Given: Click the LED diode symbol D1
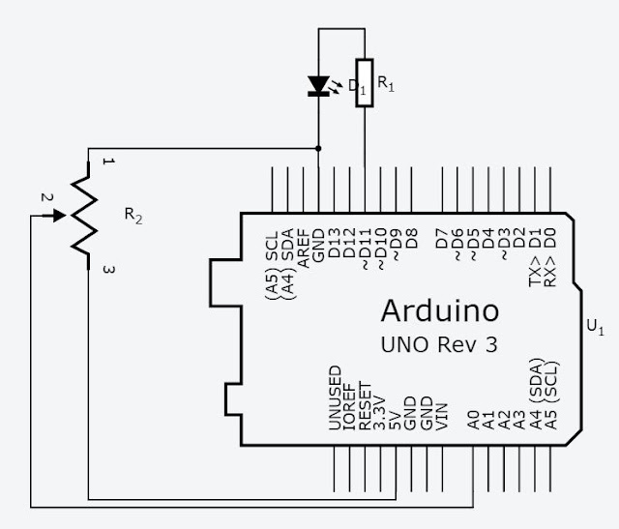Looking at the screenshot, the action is (x=319, y=86).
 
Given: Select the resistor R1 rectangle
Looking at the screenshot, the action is (x=365, y=83).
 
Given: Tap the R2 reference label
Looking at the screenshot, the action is (x=133, y=216).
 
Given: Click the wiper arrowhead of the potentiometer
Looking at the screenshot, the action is (x=60, y=216).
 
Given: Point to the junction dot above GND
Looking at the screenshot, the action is (x=318, y=148).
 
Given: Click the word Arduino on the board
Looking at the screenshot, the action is (x=440, y=310).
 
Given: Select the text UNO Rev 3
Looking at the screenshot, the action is (x=439, y=344).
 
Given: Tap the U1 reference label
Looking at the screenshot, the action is (x=596, y=327).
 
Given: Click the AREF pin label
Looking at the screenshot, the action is (x=303, y=249).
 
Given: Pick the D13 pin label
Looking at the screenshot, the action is (x=334, y=243).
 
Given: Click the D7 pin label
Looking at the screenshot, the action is (x=442, y=238).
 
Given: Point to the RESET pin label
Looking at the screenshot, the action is (x=366, y=405).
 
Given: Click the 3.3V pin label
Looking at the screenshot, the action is (x=380, y=412).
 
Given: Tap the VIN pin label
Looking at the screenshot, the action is (x=442, y=417).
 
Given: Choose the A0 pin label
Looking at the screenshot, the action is (x=473, y=420).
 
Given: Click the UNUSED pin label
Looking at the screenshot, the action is (x=335, y=397).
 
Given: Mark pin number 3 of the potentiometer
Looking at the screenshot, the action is (x=108, y=270).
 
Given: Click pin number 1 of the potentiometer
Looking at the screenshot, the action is (x=108, y=162).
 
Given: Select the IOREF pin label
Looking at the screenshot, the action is (x=350, y=406).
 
